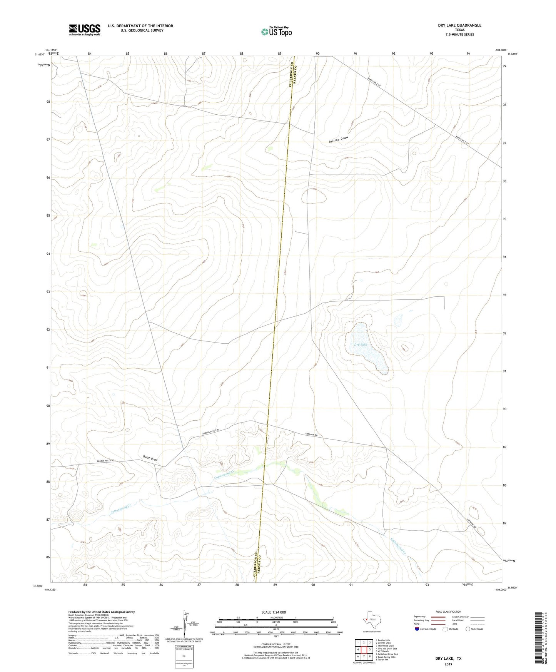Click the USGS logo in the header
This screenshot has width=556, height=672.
85,30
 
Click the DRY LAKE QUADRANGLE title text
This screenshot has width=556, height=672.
459,25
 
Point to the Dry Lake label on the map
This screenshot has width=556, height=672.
361,344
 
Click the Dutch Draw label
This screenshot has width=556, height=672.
150,459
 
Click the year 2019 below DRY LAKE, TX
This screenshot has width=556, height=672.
448,664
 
